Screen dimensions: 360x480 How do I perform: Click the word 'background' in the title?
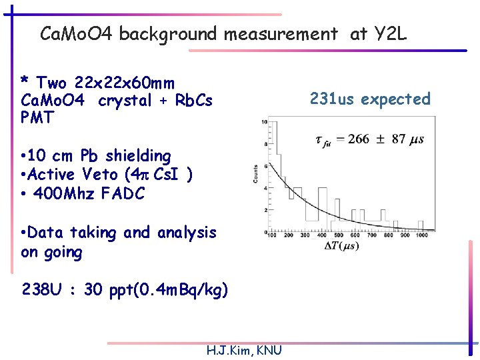pos(169,34)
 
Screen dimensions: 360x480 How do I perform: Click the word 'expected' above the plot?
pos(396,100)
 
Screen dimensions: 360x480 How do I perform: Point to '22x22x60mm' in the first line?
pos(125,83)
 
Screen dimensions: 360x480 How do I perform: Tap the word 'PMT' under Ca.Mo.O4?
pos(37,117)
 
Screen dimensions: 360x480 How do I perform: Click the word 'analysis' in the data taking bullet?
pos(187,233)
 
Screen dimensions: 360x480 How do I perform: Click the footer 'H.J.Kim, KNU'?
pos(244,351)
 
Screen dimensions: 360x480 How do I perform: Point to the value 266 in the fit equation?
pos(359,139)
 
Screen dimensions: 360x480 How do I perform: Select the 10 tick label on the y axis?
pos(264,122)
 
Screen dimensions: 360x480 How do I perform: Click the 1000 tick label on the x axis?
pos(421,235)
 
